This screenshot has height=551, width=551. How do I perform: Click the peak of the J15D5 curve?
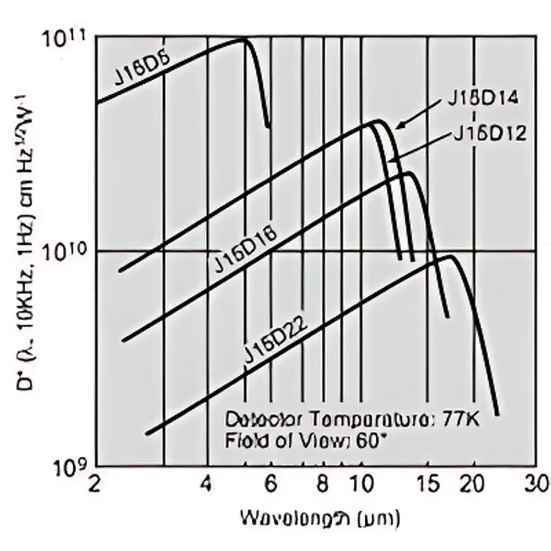[x=244, y=39]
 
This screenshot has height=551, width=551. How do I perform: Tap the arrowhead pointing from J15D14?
[x=398, y=126]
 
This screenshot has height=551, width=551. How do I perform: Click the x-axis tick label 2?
[x=95, y=483]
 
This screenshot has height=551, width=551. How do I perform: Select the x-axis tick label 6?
[x=270, y=484]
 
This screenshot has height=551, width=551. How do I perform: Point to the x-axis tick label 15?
[x=427, y=484]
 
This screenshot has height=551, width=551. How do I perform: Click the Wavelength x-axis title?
[x=320, y=517]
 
